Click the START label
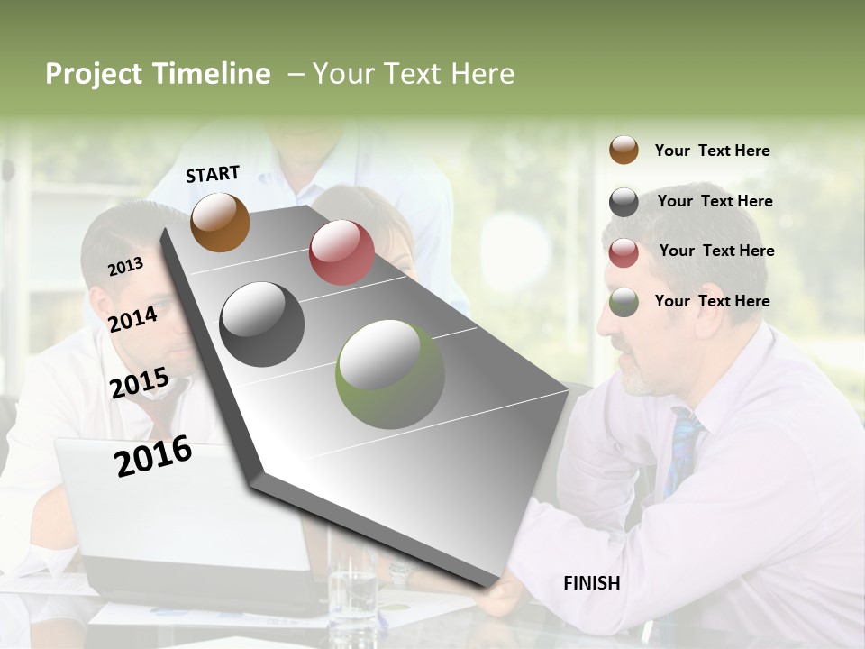[x=213, y=174]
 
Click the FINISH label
[x=591, y=583]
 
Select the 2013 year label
[x=125, y=267]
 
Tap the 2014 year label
[x=132, y=319]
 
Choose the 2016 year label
[x=153, y=456]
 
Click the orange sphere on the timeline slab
[x=220, y=222]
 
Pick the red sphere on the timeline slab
[x=341, y=252]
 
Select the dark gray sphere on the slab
[x=262, y=324]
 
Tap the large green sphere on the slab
[x=389, y=374]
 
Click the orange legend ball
[x=624, y=150]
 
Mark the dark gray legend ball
[x=624, y=202]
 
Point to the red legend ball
[x=624, y=252]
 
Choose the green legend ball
[x=624, y=302]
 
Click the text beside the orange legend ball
[x=712, y=151]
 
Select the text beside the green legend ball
[x=712, y=301]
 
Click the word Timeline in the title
[x=211, y=74]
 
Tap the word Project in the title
[x=94, y=74]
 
